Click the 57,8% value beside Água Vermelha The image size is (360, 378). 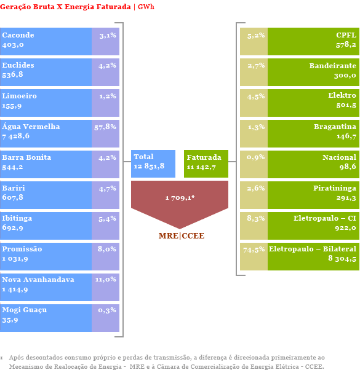click(x=105, y=127)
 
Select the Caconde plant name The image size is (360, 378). click(x=18, y=35)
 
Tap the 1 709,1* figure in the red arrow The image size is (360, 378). click(x=180, y=198)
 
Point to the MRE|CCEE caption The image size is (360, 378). click(x=182, y=235)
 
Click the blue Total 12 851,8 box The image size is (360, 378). click(x=153, y=163)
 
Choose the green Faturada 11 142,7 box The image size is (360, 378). click(x=206, y=163)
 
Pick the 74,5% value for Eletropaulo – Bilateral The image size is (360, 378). click(x=254, y=250)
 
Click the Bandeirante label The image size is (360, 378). click(x=333, y=66)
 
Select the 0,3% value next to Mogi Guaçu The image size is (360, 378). click(x=107, y=310)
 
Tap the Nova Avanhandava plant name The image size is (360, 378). click(x=38, y=280)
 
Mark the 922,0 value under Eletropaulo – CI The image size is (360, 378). click(x=345, y=228)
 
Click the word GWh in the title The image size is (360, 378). click(x=146, y=7)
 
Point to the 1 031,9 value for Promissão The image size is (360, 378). click(x=15, y=259)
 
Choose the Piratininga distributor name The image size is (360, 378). click(x=335, y=188)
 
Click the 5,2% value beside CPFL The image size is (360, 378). click(x=256, y=36)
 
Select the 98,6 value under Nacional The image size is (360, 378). click(x=348, y=167)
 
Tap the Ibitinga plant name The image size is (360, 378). click(x=17, y=218)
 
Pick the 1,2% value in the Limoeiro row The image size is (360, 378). click(x=108, y=96)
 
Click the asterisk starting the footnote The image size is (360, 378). click(x=1, y=358)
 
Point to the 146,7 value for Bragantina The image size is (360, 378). click(x=346, y=136)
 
